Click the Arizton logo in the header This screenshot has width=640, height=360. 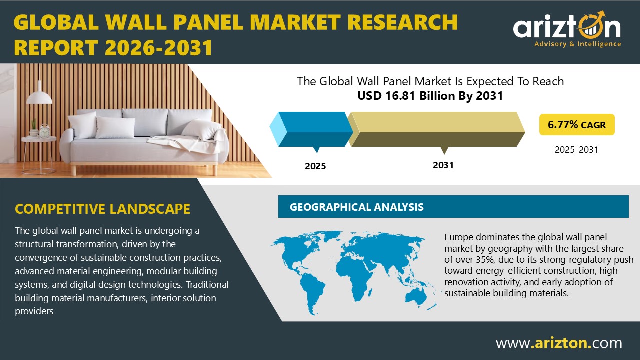click(x=567, y=28)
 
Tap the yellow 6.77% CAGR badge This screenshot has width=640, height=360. click(x=576, y=125)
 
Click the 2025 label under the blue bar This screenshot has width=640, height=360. click(x=315, y=166)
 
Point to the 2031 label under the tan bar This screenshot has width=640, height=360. click(x=443, y=165)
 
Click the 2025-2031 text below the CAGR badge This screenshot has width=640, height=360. click(x=576, y=149)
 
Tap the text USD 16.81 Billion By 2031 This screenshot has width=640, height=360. click(x=430, y=96)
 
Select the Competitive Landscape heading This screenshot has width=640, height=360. click(x=102, y=208)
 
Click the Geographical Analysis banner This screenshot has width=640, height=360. click(x=453, y=207)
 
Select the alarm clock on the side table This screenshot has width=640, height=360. click(x=44, y=131)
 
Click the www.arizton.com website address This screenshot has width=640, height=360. click(x=558, y=343)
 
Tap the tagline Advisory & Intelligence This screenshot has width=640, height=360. click(x=577, y=44)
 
